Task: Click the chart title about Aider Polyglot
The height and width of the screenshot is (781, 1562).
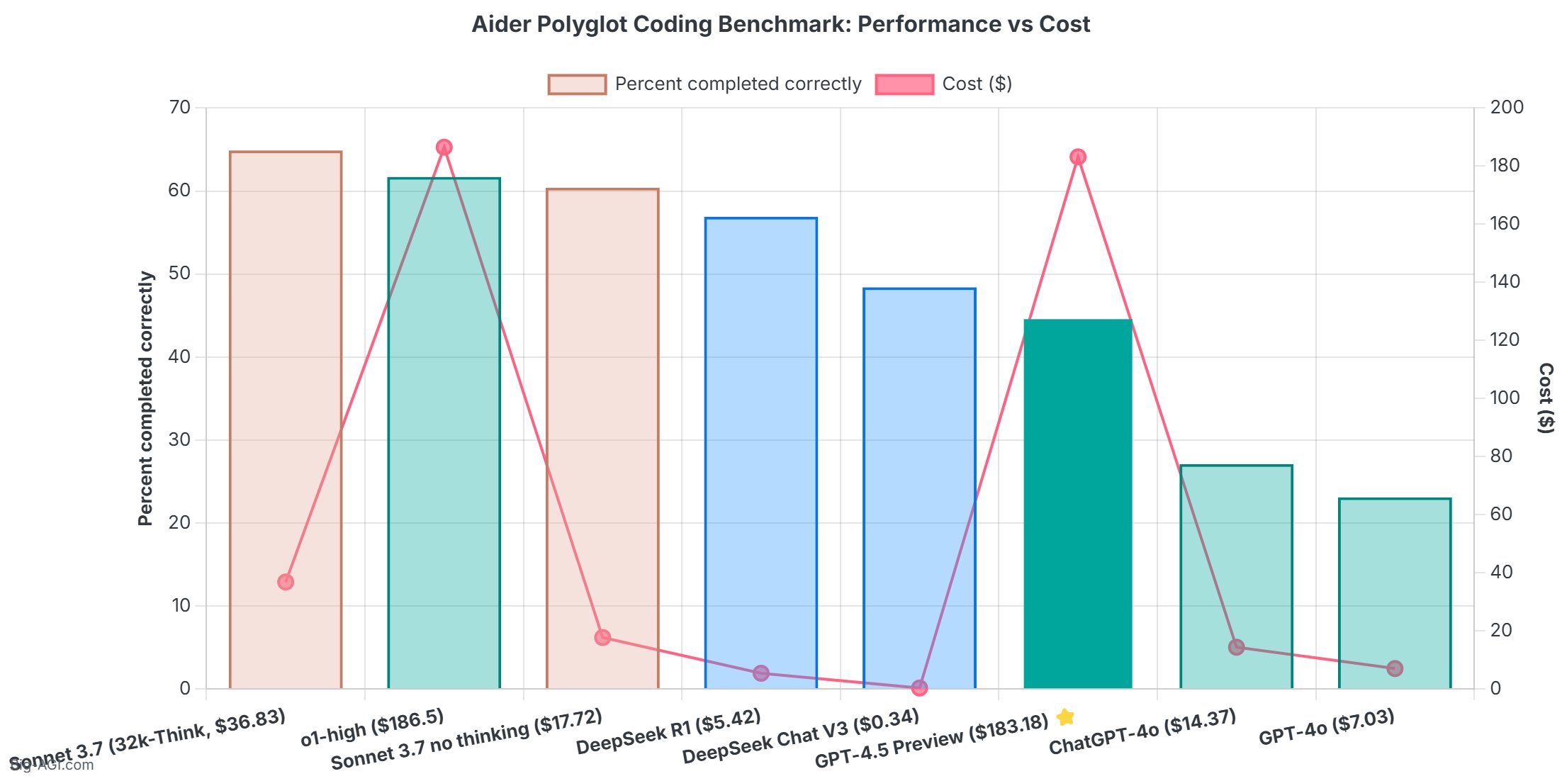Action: coord(780,24)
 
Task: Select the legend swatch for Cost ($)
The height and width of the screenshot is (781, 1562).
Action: coord(904,84)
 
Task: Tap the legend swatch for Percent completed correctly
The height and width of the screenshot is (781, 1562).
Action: coord(577,84)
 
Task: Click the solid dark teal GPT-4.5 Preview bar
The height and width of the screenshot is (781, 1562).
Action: coord(1077,503)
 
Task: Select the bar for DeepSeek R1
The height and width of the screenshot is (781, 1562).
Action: coord(760,454)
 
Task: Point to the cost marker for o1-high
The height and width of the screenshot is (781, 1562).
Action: coord(444,147)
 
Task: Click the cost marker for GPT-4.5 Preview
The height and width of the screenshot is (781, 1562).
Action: coord(1077,157)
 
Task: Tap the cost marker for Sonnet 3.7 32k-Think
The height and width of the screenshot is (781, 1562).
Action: coord(286,582)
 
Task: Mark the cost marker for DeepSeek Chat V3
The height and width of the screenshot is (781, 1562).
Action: coord(919,687)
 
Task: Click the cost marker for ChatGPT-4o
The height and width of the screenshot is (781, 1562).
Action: coord(1236,647)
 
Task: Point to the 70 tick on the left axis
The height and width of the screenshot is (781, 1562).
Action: coord(180,108)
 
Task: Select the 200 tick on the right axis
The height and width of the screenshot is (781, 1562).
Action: coord(1506,108)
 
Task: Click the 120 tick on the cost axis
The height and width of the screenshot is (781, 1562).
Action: coord(1505,340)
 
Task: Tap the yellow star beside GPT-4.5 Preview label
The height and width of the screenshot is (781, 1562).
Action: coord(1065,717)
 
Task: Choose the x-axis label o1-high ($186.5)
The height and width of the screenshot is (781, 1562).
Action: coord(372,728)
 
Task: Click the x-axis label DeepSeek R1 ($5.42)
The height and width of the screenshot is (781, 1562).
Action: coord(668,732)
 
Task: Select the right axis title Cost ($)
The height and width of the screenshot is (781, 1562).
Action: coord(1546,398)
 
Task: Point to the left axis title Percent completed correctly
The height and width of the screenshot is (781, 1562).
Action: coord(145,398)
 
